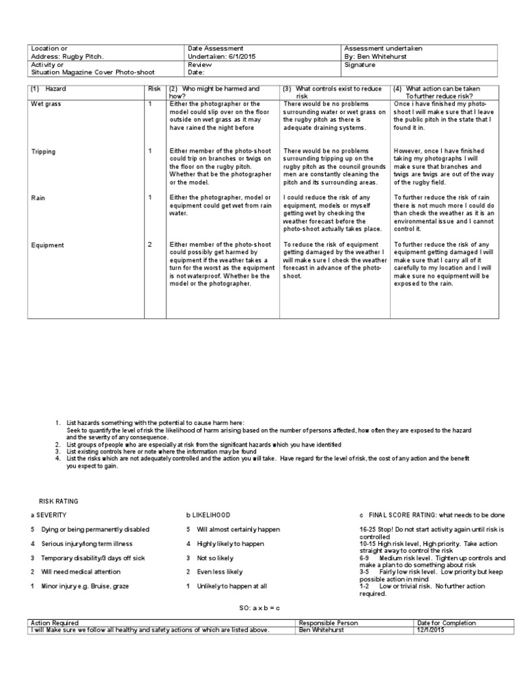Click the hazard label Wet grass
(x=45, y=104)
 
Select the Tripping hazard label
(x=43, y=151)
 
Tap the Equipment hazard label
(x=47, y=245)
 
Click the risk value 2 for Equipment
(x=150, y=245)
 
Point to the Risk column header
(x=155, y=89)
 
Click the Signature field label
(x=360, y=65)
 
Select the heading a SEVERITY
(x=49, y=515)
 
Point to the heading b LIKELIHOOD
(x=208, y=515)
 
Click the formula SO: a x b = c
(x=253, y=608)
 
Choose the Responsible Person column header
(x=328, y=622)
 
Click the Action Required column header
(x=55, y=622)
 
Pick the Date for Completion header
(x=447, y=622)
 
